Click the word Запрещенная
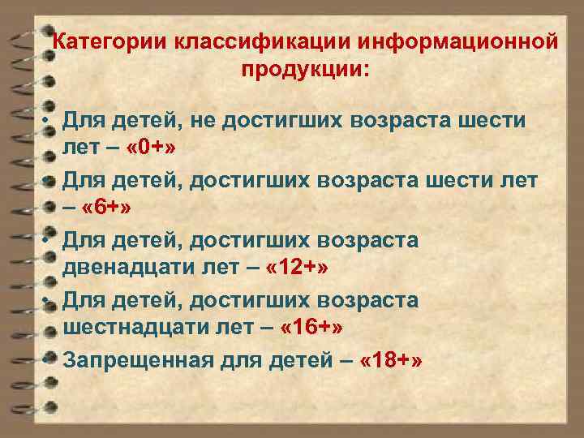coord(138,359)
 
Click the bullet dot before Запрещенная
coord(50,359)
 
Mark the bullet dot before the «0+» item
coord(50,120)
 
